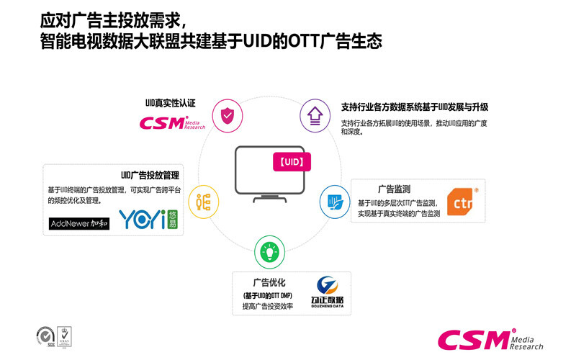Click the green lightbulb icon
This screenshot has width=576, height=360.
pos(269,253)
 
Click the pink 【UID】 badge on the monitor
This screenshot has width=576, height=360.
pos(290,162)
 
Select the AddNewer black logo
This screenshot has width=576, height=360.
pos(79,223)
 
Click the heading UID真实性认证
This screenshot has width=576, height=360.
pos(171,104)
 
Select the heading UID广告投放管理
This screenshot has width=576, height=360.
pos(150,175)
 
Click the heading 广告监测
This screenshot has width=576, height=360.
pos(394,189)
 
